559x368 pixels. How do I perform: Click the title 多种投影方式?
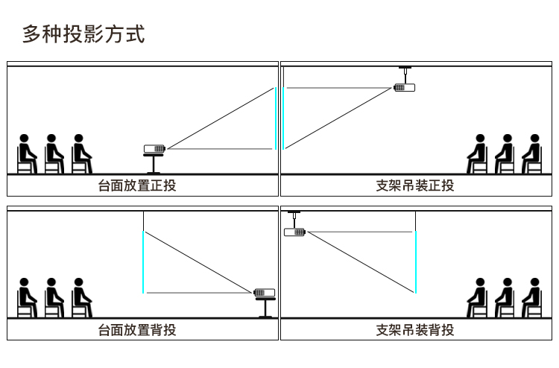[83, 34]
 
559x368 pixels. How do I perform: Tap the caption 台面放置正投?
[137, 185]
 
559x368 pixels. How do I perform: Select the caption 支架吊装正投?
[415, 185]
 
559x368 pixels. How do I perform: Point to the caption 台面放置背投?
[137, 330]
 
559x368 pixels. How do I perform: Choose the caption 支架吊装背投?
[415, 330]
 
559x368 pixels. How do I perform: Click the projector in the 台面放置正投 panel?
[154, 148]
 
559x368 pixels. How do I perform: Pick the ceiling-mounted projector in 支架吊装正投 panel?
[404, 87]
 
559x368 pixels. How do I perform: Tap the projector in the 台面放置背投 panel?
[264, 293]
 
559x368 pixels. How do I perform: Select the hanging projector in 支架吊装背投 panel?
[295, 232]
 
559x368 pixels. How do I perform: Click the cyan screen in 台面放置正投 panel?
[276, 118]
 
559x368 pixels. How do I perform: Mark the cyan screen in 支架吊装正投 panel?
[283, 118]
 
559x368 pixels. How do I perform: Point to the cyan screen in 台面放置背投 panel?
[143, 262]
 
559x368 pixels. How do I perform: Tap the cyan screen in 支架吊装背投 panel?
[416, 262]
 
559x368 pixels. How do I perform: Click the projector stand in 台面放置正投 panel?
[154, 164]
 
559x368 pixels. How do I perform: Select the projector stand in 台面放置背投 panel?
[265, 308]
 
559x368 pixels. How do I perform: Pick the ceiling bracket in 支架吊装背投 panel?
[294, 219]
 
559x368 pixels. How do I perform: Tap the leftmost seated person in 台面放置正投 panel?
[27, 154]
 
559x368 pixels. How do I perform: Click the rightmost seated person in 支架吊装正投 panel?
[532, 154]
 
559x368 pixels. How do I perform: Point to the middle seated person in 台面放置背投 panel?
[54, 298]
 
